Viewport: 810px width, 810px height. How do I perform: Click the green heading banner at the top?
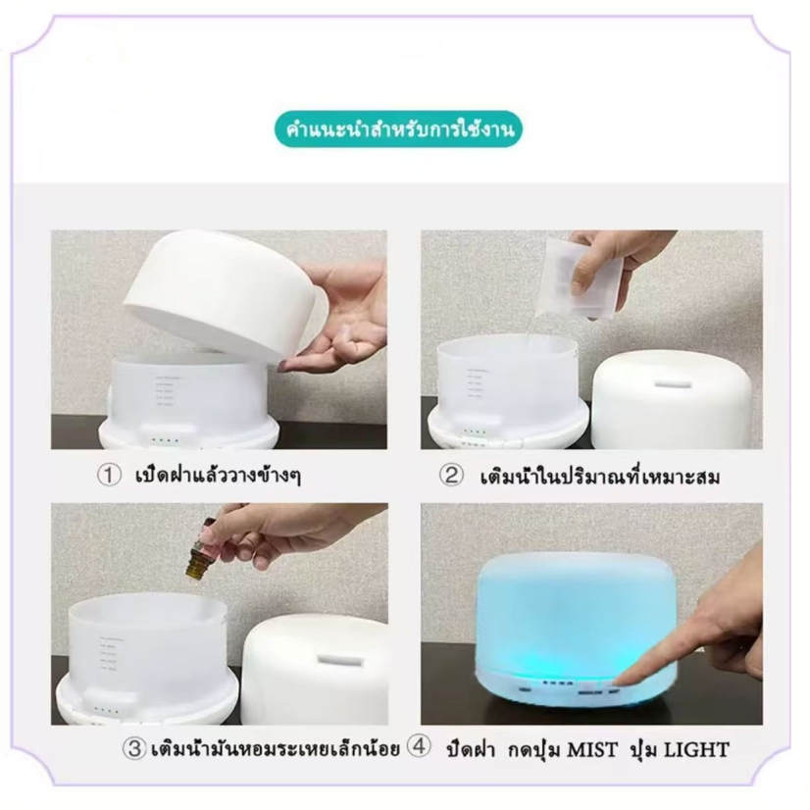pyautogui.click(x=398, y=129)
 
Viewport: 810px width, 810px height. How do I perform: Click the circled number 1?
pyautogui.click(x=109, y=475)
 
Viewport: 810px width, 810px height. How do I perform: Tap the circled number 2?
pyautogui.click(x=451, y=476)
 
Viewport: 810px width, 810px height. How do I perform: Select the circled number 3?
pyautogui.click(x=134, y=748)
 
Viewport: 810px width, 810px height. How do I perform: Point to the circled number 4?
pyautogui.click(x=419, y=746)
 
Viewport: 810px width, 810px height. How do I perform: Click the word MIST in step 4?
pyautogui.click(x=592, y=749)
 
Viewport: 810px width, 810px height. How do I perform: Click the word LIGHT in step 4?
pyautogui.click(x=696, y=749)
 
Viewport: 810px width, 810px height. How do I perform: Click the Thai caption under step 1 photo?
pyautogui.click(x=218, y=476)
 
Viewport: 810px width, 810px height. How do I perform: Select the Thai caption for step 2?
pyautogui.click(x=600, y=476)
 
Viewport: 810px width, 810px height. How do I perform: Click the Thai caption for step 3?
pyautogui.click(x=276, y=748)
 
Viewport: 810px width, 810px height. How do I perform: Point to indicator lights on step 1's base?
pyautogui.click(x=165, y=441)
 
